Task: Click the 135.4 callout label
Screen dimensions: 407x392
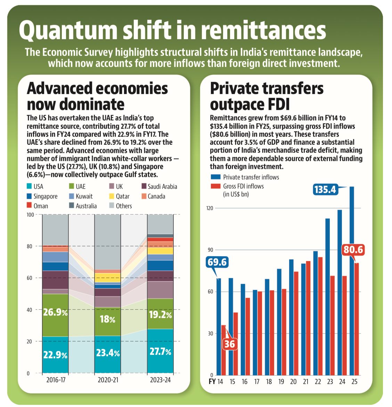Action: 325,189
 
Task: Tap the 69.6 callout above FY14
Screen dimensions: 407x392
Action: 217,261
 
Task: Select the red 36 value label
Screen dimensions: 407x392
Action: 229,344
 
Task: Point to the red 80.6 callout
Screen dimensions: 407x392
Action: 353,250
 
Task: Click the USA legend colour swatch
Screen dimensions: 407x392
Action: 29,186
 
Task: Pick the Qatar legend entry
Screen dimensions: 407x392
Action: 119,196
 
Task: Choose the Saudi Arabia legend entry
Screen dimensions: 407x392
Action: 159,186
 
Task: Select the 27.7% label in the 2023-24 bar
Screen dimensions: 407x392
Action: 160,352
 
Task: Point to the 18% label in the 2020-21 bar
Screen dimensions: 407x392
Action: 107,319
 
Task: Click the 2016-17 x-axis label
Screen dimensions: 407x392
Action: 56,380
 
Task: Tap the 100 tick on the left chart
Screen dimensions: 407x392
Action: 31,215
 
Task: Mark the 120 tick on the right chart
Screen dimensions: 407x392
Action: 209,208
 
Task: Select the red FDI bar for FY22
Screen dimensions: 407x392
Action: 320,316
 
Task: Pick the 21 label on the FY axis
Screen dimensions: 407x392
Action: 305,382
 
